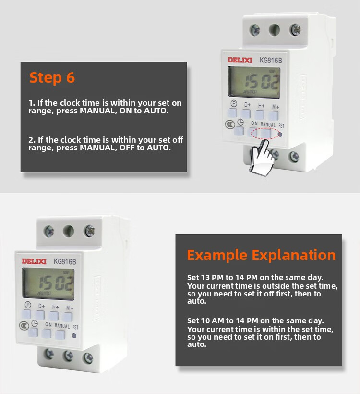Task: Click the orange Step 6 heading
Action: tap(52, 78)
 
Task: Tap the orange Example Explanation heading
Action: tap(261, 256)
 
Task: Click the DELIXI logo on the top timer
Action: tap(240, 60)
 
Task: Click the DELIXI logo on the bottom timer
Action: tap(34, 261)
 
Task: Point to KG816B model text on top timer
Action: tap(271, 61)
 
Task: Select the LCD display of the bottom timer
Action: tap(48, 283)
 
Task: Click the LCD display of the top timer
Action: tap(254, 83)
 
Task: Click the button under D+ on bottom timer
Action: tap(40, 315)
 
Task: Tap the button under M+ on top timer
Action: tap(273, 116)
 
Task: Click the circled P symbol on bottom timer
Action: tap(28, 305)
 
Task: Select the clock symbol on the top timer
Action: tap(240, 123)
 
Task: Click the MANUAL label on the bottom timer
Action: tap(62, 326)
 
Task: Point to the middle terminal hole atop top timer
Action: tap(275, 30)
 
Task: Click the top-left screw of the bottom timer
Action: tap(48, 232)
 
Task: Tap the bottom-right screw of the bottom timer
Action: tap(88, 358)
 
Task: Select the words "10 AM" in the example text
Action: tap(213, 321)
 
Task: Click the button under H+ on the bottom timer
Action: tap(53, 316)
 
